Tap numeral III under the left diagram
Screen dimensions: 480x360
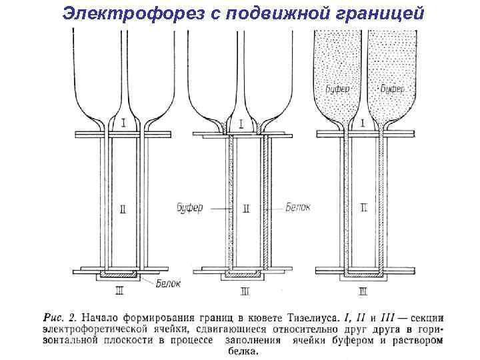(x=119, y=291)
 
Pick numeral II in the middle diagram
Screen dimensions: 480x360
(x=245, y=209)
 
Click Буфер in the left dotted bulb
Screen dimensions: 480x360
(x=338, y=89)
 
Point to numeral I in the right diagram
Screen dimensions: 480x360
(x=362, y=123)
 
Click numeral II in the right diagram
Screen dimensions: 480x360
(x=363, y=208)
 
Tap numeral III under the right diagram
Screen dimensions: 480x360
(x=363, y=291)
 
